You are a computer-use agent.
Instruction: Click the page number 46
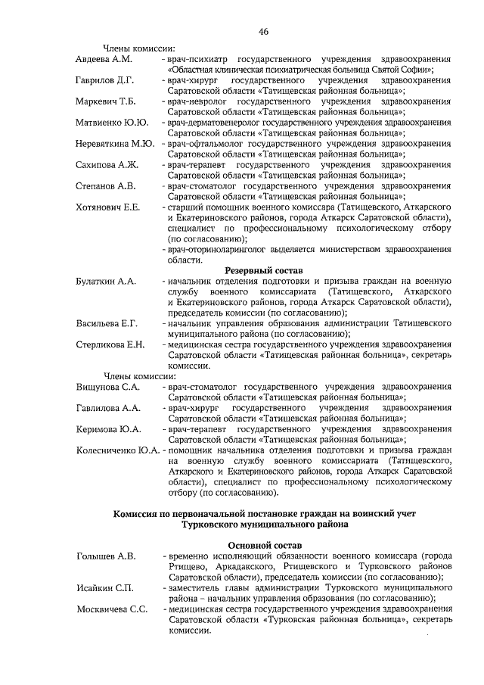pos(264,31)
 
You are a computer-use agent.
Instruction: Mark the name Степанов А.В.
pos(105,185)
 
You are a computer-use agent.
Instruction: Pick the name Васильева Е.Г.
pos(107,323)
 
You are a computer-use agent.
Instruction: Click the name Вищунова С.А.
pos(108,387)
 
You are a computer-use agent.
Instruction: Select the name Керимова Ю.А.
pos(108,429)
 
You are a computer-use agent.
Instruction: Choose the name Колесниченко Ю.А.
pos(117,450)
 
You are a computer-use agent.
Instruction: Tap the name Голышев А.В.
pos(106,556)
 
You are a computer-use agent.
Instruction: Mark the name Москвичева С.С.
pos(111,609)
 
